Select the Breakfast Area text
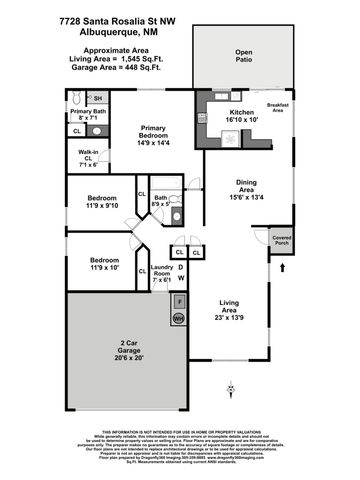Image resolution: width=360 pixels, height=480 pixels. coord(279,108)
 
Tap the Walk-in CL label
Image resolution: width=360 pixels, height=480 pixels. coord(87,157)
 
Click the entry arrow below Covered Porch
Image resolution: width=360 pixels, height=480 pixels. coord(283,267)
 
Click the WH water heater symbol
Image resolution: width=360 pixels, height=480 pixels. coord(179,318)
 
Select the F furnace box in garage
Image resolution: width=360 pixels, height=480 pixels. coord(179,300)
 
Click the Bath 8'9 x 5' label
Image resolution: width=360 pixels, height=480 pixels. coord(161,203)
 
